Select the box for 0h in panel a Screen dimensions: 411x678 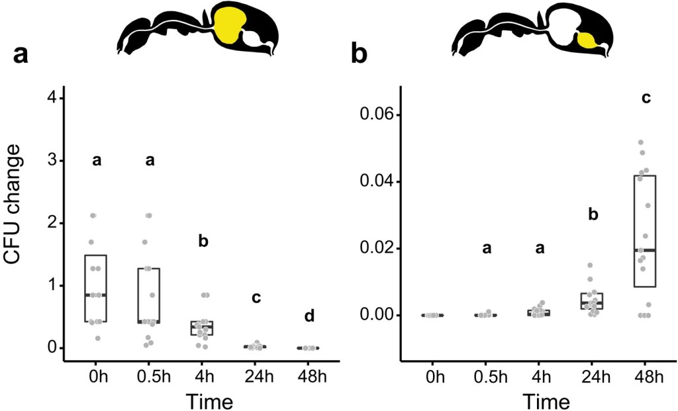(x=97, y=288)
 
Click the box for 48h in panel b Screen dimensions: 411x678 (x=646, y=230)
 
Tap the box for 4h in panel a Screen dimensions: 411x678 (x=203, y=328)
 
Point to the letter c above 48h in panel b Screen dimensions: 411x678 (x=646, y=99)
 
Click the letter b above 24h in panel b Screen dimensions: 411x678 (x=593, y=214)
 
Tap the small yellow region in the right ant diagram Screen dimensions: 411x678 (x=587, y=40)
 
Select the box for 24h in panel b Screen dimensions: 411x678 (x=592, y=301)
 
